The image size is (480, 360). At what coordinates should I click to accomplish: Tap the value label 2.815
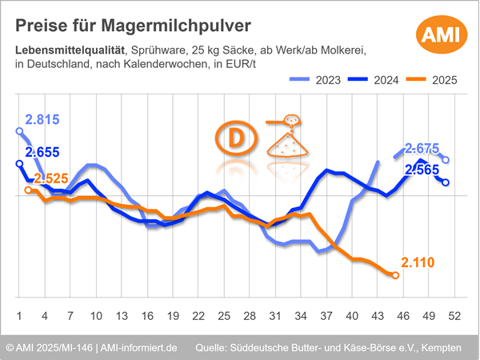coord(42,120)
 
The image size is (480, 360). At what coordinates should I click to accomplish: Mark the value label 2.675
coord(422,148)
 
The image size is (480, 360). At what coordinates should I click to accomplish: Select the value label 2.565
coord(422,169)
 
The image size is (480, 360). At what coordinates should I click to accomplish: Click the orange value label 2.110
coord(418,262)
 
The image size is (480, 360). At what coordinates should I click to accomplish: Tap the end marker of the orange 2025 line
coord(394,275)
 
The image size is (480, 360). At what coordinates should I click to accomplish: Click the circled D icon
coord(238,138)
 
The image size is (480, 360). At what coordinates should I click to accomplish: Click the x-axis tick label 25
coord(224,314)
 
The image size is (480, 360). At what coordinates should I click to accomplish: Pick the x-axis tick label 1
coord(18,314)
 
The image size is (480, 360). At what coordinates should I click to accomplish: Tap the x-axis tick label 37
coord(327,314)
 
